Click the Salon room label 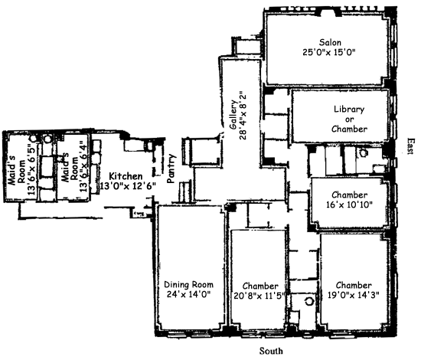point(330,42)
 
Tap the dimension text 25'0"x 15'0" point(329,52)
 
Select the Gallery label point(233,115)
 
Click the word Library point(349,110)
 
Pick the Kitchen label point(126,176)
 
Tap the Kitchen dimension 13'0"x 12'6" point(128,186)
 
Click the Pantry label point(171,169)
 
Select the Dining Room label point(188,284)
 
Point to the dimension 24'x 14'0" point(188,294)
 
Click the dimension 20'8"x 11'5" point(259,296)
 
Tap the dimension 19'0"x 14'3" point(354,295)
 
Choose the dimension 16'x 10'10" point(349,205)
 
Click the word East point(410,146)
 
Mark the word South point(271,351)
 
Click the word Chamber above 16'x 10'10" point(349,195)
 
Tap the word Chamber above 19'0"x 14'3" point(354,285)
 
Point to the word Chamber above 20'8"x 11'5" point(260,286)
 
